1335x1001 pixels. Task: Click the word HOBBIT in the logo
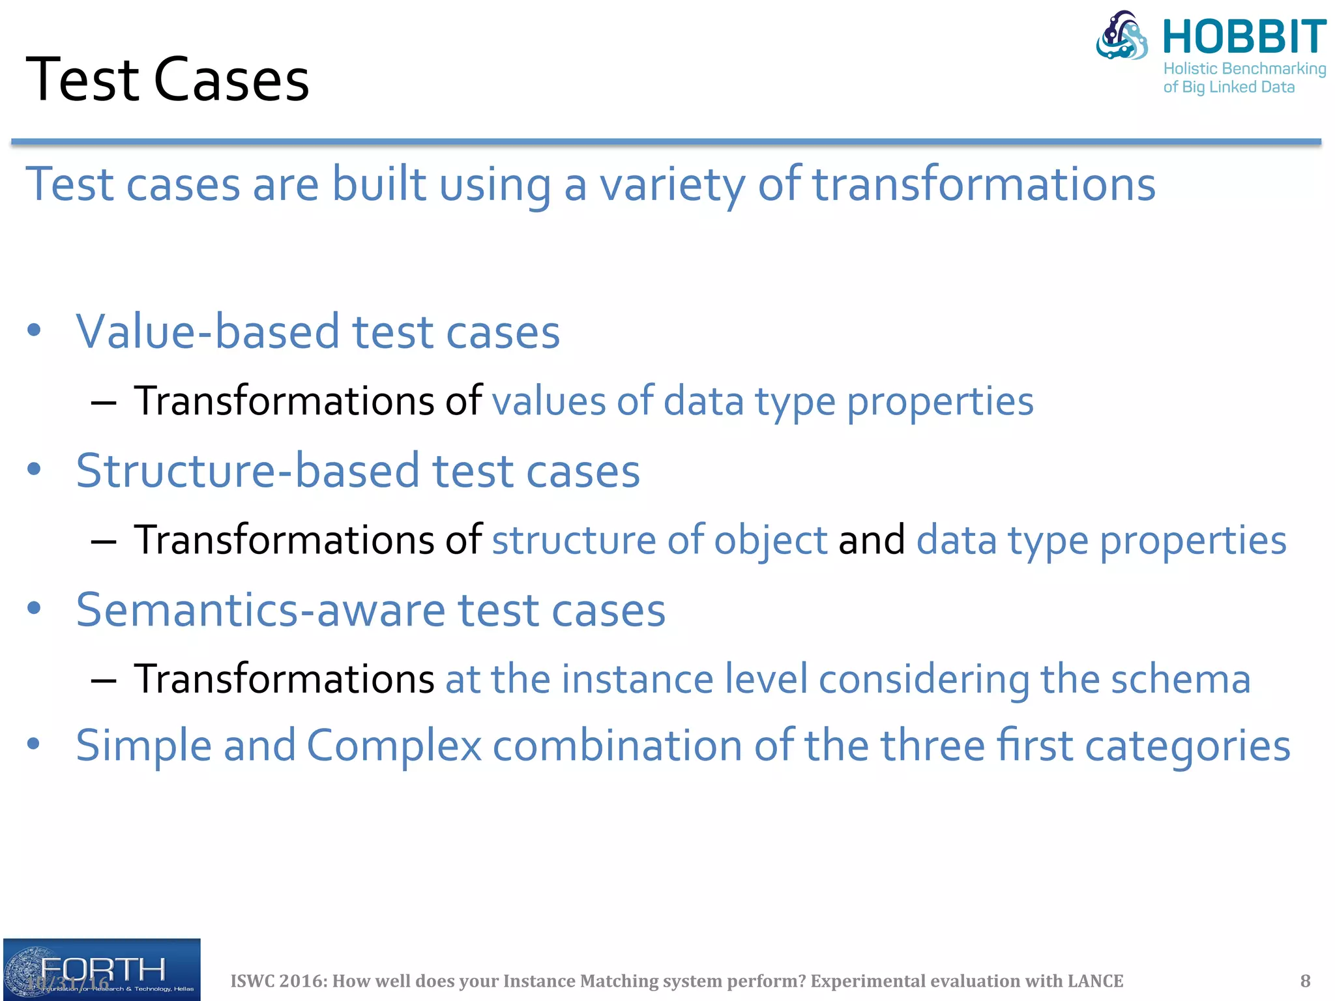click(x=1244, y=37)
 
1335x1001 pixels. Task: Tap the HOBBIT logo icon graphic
click(x=1122, y=36)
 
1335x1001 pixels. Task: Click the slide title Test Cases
click(x=167, y=80)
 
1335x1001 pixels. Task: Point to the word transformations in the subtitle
click(x=983, y=184)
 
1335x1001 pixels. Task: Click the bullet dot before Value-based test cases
click(x=35, y=330)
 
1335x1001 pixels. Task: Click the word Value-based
click(x=208, y=332)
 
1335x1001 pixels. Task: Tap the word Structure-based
click(x=248, y=471)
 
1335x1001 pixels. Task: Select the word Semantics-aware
click(x=260, y=610)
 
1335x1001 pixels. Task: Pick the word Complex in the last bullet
click(x=394, y=746)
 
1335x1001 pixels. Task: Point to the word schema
click(x=1181, y=679)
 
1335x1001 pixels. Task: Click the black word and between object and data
click(x=871, y=540)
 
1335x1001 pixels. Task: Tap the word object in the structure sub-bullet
click(x=770, y=540)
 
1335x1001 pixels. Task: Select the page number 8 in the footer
click(x=1305, y=981)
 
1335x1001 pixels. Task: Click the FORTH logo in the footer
click(x=102, y=970)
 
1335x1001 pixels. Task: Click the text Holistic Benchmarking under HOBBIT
click(x=1244, y=68)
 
